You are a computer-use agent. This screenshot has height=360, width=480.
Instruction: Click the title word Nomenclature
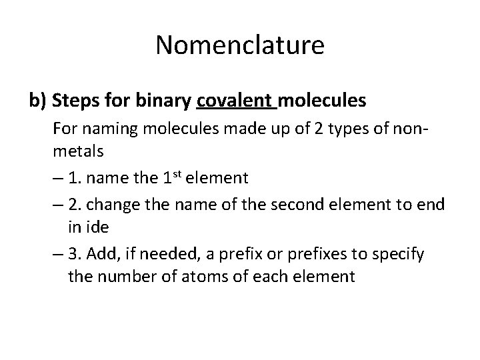pyautogui.click(x=240, y=45)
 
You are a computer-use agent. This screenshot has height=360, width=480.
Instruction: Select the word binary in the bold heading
pyautogui.click(x=164, y=101)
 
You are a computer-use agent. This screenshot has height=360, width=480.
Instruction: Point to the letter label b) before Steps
pyautogui.click(x=37, y=101)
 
